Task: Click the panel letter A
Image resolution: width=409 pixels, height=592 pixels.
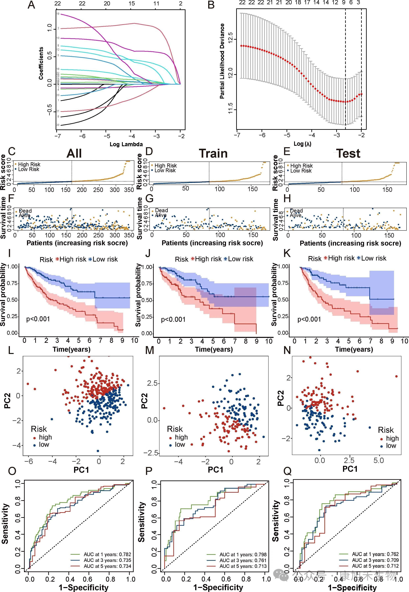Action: pyautogui.click(x=31, y=5)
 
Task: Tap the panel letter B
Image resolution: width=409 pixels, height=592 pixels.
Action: pyautogui.click(x=211, y=5)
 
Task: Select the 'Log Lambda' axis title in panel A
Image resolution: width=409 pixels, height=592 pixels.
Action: pyautogui.click(x=126, y=144)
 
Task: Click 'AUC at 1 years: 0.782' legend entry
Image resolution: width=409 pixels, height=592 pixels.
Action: pyautogui.click(x=107, y=554)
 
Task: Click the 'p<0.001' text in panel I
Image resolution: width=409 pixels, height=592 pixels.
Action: pyautogui.click(x=38, y=319)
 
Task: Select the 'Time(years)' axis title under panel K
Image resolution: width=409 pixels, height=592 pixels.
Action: pyautogui.click(x=354, y=349)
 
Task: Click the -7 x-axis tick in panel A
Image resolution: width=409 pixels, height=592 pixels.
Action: pyautogui.click(x=58, y=136)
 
